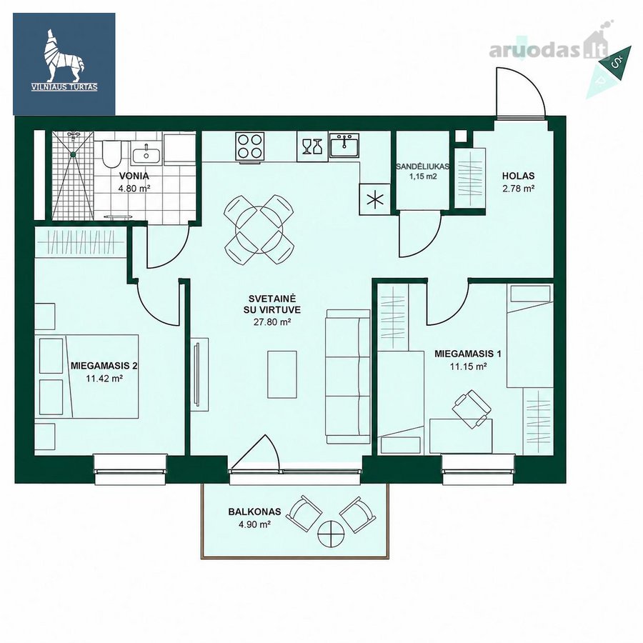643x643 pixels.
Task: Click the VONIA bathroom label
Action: click(x=134, y=176)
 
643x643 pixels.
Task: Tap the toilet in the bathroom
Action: click(x=111, y=154)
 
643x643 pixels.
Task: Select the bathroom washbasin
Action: click(x=146, y=154)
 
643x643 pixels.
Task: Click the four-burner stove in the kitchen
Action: click(x=250, y=146)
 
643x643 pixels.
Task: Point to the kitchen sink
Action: click(x=345, y=145)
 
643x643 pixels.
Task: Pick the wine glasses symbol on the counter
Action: click(x=312, y=146)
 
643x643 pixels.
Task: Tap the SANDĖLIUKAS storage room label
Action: click(x=422, y=166)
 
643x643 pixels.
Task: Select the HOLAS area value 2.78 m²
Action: click(x=519, y=189)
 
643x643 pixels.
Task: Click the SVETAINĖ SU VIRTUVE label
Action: click(x=272, y=304)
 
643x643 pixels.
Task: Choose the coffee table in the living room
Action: click(x=282, y=374)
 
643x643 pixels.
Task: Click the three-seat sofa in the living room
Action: click(x=348, y=377)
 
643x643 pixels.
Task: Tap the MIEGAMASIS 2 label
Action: click(x=104, y=365)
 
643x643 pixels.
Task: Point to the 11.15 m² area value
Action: click(x=468, y=367)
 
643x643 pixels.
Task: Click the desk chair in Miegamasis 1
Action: click(x=472, y=409)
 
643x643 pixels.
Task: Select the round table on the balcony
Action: click(x=331, y=534)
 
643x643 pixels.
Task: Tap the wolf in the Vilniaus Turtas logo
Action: click(x=64, y=55)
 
